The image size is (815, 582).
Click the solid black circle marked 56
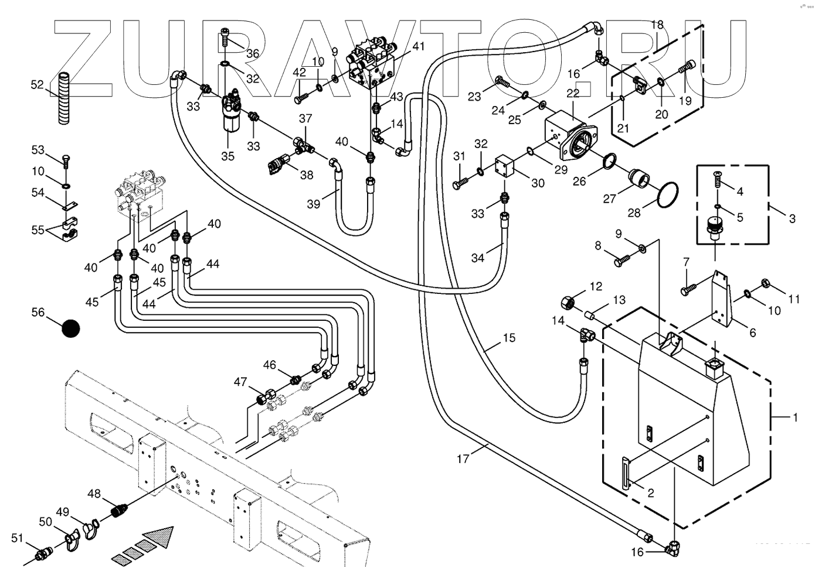tap(71, 329)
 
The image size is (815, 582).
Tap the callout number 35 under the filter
tap(227, 156)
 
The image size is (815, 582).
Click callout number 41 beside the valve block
tap(418, 47)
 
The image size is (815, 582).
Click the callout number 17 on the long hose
tap(463, 458)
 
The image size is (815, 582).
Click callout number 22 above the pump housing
tap(573, 93)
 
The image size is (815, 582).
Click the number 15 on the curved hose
tap(508, 338)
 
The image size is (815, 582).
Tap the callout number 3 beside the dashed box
tap(792, 219)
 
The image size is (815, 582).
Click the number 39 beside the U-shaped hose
tap(314, 203)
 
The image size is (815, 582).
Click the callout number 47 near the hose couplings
tap(240, 382)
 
